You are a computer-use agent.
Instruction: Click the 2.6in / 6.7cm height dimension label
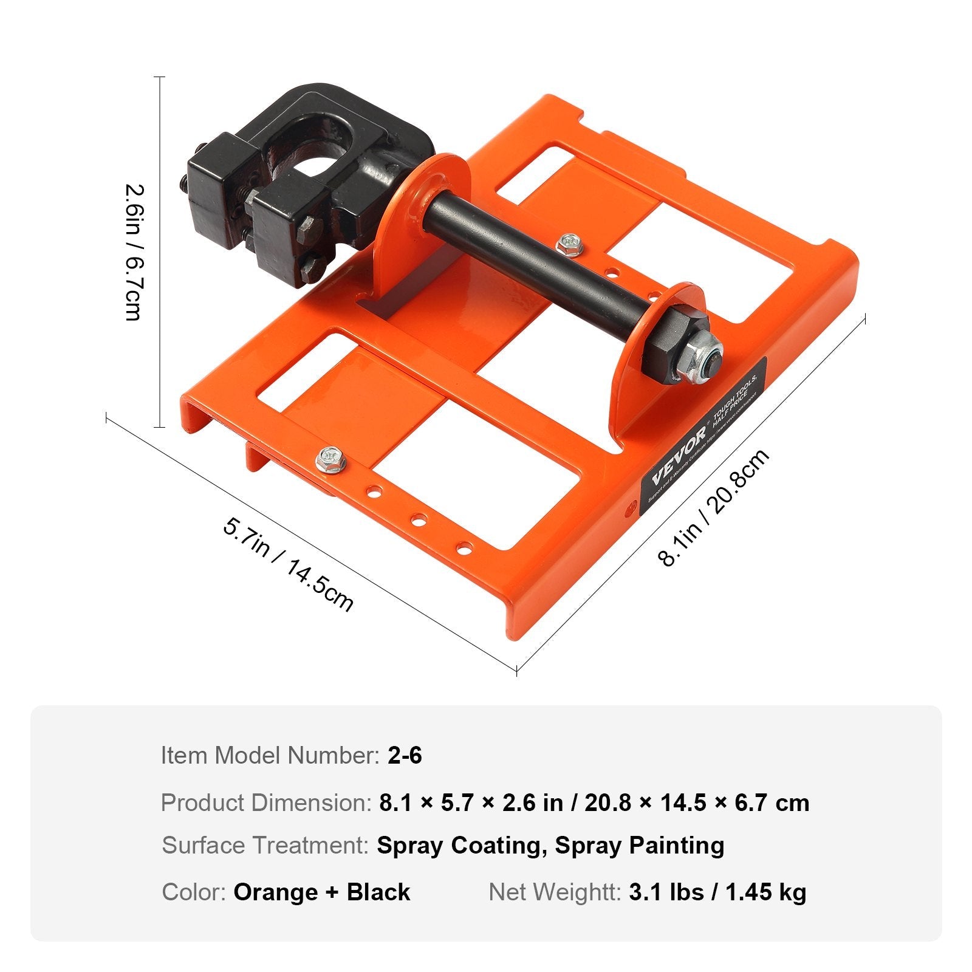[133, 252]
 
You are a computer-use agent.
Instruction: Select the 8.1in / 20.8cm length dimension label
[714, 508]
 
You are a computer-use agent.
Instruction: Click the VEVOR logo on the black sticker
[679, 456]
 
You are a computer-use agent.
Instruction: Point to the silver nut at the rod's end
[703, 358]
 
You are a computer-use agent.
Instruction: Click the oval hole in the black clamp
[317, 159]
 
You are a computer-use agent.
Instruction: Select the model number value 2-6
[405, 756]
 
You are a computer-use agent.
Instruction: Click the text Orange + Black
[322, 892]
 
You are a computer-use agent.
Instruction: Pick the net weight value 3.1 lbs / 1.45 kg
[717, 892]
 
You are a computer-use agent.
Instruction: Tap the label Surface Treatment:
[265, 846]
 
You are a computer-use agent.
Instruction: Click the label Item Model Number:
[270, 756]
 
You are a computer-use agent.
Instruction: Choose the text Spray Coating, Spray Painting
[550, 846]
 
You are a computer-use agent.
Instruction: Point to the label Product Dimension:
[266, 803]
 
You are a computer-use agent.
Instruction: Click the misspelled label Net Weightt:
[555, 892]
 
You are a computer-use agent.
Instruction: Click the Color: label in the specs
[194, 892]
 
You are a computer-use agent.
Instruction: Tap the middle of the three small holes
[419, 520]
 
